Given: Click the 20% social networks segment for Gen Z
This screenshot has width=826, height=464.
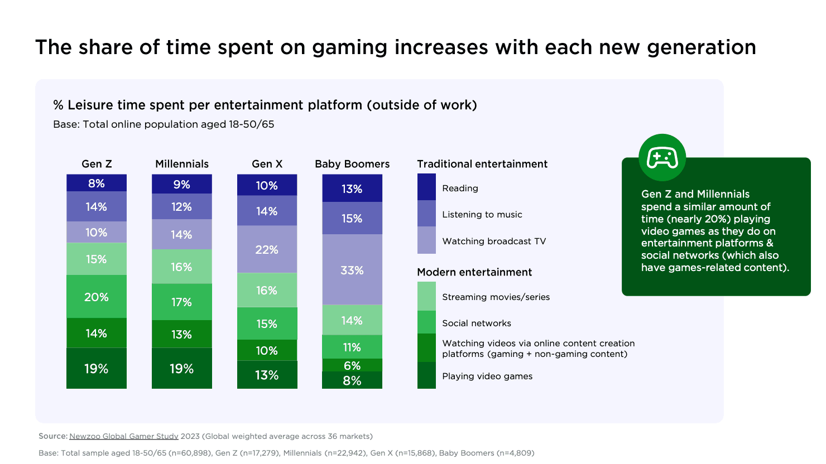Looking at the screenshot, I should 97,297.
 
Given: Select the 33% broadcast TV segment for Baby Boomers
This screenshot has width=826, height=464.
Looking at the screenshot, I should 352,270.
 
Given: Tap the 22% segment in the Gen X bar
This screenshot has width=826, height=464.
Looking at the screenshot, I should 267,249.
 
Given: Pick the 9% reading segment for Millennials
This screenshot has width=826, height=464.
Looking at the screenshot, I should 182,184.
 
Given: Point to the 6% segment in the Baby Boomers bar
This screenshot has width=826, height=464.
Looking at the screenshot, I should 352,365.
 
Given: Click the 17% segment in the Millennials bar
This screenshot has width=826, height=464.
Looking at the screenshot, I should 182,302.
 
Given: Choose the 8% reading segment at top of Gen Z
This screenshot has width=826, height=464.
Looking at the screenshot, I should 97,183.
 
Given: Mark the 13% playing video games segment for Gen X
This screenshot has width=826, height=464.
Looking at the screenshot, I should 267,375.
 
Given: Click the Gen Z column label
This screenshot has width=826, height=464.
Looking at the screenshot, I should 97,164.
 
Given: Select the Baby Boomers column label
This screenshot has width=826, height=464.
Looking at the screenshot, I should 352,164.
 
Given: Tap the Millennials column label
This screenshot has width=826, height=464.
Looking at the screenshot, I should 182,164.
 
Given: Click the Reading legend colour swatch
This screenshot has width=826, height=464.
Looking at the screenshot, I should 426,187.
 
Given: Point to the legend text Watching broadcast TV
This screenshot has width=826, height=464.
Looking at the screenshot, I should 494,241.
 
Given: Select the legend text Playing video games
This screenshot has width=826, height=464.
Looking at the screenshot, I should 487,376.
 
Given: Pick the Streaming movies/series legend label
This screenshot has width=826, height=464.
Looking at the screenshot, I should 496,297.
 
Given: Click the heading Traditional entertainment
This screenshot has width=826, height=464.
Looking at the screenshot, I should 482,164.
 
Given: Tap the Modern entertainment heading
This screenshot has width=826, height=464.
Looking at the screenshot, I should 474,272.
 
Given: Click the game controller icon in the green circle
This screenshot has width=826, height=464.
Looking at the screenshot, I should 662,158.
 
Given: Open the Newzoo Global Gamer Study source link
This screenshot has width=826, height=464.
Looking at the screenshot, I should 124,436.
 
